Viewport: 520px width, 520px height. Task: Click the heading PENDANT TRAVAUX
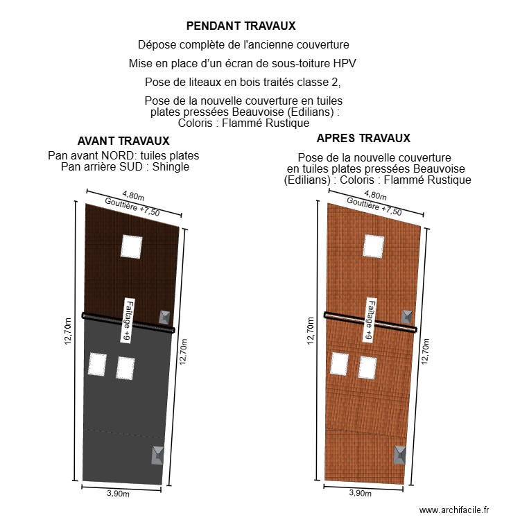(x=241, y=26)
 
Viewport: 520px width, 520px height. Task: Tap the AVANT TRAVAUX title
(x=123, y=141)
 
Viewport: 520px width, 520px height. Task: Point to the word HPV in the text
(x=345, y=64)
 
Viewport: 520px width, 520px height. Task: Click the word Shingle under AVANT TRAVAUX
(x=170, y=167)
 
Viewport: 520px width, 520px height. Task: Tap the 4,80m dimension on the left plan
(x=133, y=196)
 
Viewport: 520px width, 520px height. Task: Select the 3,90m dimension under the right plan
(x=360, y=493)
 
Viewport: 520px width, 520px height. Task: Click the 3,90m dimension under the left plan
(x=118, y=494)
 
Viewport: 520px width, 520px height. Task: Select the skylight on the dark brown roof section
(x=131, y=246)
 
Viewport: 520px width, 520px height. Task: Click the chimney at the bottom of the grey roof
(x=158, y=456)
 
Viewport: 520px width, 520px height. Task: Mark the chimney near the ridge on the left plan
(x=164, y=318)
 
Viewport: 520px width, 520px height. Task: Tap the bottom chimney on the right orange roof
(x=400, y=455)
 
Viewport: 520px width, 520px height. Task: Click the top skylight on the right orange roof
(x=373, y=246)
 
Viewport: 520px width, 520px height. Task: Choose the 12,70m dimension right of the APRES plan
(x=426, y=351)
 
